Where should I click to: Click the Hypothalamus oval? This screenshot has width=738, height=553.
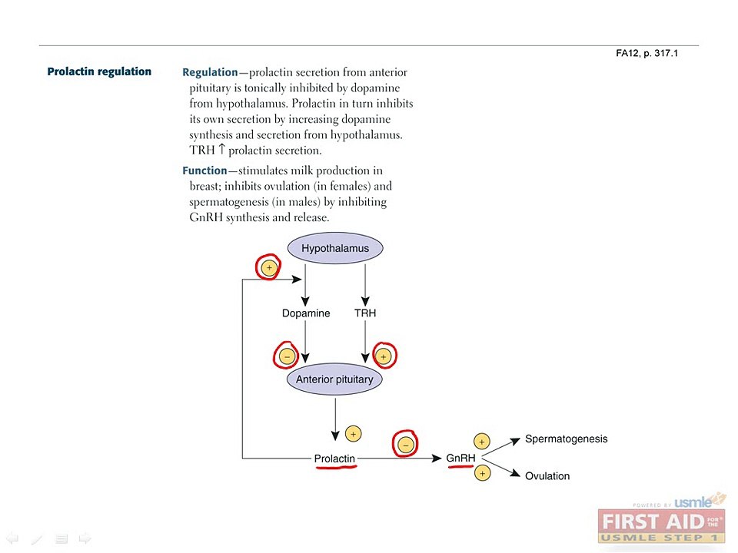point(335,248)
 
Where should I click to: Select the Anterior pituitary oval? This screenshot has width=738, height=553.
point(334,379)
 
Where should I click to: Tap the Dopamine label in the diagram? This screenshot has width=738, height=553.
point(306,313)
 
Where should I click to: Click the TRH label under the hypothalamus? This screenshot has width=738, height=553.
point(365,313)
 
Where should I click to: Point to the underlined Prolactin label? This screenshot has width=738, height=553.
point(334,459)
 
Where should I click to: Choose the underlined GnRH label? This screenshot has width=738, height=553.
point(460,458)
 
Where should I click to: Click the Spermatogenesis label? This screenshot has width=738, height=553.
point(567,439)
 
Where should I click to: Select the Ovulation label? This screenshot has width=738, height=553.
point(547,476)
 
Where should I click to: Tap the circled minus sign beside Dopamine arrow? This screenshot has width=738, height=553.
point(287,356)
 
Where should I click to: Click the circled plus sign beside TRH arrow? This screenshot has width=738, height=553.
point(384,356)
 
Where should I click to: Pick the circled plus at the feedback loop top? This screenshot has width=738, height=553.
point(269,268)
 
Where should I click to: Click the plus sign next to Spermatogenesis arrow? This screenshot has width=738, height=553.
point(481,442)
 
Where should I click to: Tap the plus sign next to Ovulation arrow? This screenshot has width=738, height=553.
point(482,473)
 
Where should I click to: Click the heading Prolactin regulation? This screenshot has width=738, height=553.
point(99,71)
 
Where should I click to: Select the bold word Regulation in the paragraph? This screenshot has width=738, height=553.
point(210,72)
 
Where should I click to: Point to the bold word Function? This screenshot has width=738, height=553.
point(204,171)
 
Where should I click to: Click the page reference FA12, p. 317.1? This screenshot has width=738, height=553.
point(647,53)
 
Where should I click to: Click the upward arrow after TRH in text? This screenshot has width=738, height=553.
point(221,150)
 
